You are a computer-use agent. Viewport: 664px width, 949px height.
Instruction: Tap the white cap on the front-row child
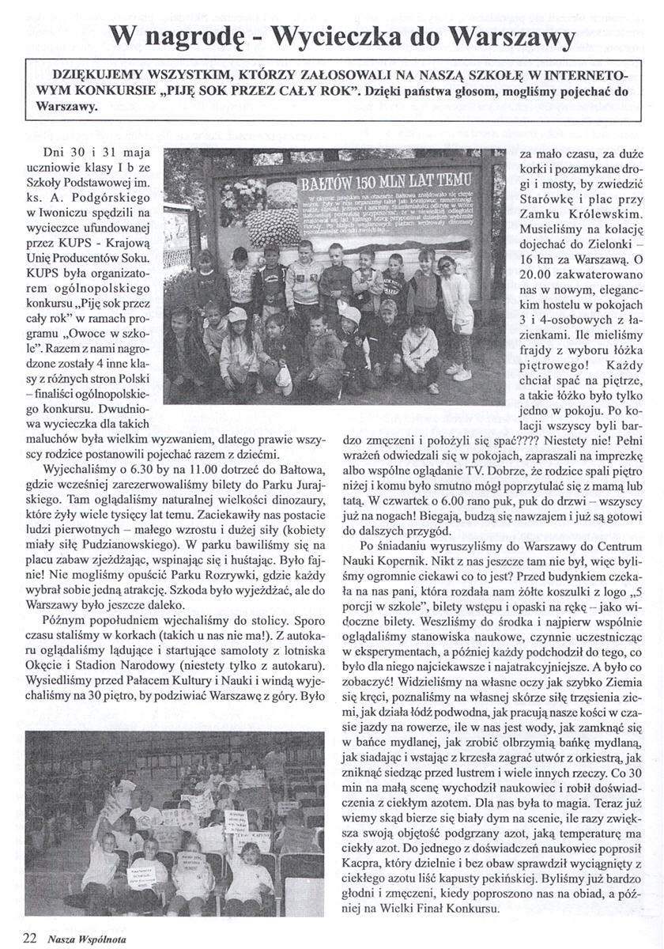click(237, 315)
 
